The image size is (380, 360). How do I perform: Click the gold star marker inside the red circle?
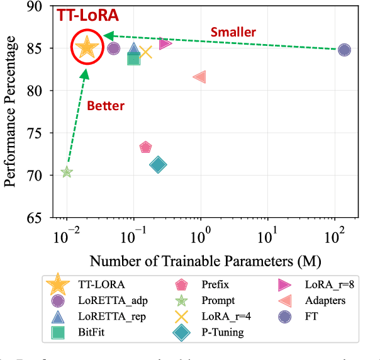[x=87, y=47]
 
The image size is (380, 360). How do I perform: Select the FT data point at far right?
[x=344, y=50]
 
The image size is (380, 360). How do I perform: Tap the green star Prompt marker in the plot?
[x=67, y=172]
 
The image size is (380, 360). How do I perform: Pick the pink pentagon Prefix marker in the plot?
[x=145, y=147]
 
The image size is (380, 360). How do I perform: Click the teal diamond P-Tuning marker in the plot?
[x=158, y=165]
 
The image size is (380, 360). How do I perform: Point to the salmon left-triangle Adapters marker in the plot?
[x=199, y=77]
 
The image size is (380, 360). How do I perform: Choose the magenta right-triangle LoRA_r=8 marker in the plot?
[x=165, y=43]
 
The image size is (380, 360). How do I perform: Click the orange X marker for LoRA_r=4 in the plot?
[x=146, y=52]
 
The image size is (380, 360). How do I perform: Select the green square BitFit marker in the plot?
[x=133, y=59]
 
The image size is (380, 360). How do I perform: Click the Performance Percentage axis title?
[x=10, y=111]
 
